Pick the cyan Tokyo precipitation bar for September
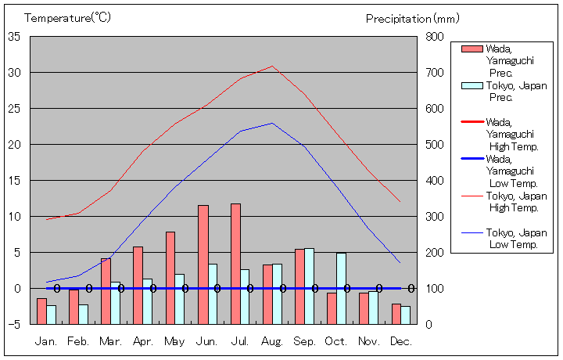[309, 286]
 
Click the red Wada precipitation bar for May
[170, 278]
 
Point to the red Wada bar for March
[106, 291]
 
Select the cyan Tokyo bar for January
[51, 315]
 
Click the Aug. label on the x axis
[271, 342]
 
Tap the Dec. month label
[401, 342]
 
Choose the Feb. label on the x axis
[77, 342]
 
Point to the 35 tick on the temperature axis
[14, 37]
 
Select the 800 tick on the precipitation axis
[435, 37]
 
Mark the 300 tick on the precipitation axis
[435, 216]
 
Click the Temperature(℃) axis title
[69, 17]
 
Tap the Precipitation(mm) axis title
[412, 17]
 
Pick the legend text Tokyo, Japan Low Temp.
[516, 239]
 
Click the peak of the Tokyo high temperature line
[272, 66]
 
